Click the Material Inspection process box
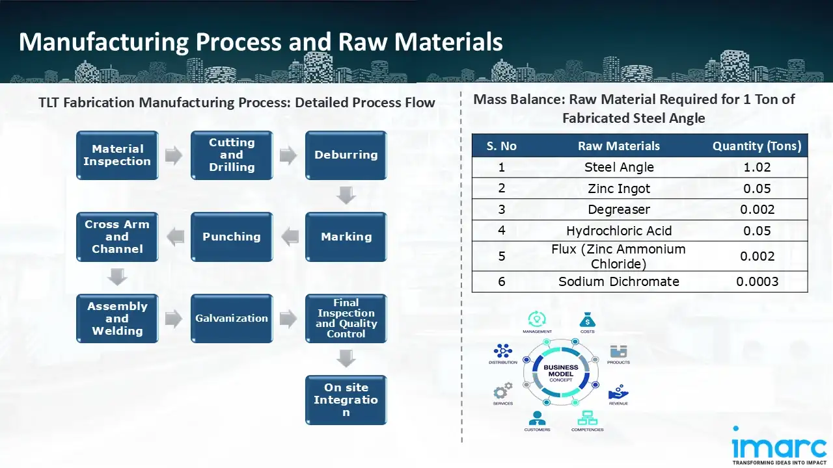pos(117,155)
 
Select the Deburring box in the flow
pos(346,155)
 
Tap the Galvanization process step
pos(232,318)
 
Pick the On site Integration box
pos(346,400)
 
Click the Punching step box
pos(232,237)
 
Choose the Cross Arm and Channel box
pos(117,237)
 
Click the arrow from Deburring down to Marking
pos(346,195)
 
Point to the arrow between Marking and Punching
pos(289,237)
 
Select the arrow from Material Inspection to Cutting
pos(174,155)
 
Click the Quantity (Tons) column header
pos(757,146)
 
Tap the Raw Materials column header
pos(619,146)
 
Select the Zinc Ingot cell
pos(619,188)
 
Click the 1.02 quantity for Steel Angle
pos(757,167)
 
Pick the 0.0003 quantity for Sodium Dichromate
pos(757,281)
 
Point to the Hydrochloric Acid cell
pos(619,231)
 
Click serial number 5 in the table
pos(502,256)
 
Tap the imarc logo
pos(779,447)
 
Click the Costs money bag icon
pos(587,320)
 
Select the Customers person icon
pos(537,418)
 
